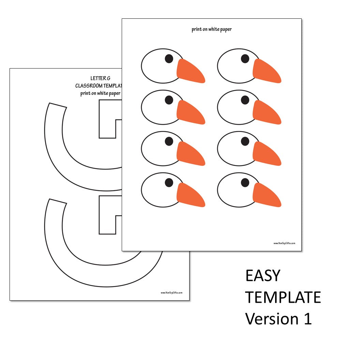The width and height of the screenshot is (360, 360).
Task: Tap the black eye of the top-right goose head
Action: coord(245,59)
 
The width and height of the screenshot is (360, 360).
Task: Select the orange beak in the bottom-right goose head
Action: coord(266,195)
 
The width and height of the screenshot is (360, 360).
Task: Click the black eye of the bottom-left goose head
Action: coord(169,183)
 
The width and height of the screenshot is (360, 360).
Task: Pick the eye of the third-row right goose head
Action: coord(245,141)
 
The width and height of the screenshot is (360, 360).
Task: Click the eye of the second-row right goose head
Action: coord(245,100)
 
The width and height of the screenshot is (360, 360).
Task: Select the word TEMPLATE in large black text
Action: coord(283,297)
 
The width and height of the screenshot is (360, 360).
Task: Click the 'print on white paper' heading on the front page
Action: coord(211,29)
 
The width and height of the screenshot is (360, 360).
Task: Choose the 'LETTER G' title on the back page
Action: coord(100,79)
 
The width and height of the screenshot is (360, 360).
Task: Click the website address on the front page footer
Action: coord(284,243)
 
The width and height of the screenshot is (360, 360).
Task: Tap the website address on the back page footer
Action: coord(171,292)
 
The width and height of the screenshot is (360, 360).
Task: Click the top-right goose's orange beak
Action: coord(266,71)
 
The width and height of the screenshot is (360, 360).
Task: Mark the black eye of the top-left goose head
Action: coord(169,59)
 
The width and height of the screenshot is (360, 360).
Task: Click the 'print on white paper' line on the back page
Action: coord(101,93)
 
